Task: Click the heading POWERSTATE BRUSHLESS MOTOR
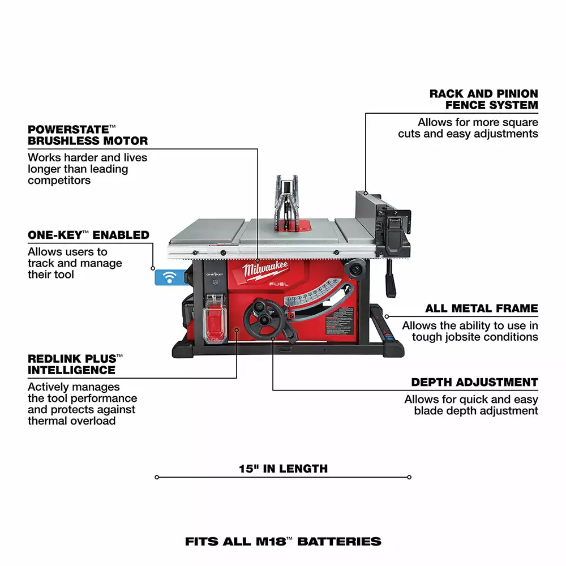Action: (88, 135)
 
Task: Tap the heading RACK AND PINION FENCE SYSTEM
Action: (483, 99)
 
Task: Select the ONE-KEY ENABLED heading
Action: (88, 235)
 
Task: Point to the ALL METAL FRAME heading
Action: (481, 308)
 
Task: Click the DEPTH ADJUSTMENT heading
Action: (474, 382)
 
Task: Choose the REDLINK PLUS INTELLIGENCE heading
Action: (75, 365)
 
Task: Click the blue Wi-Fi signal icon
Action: (168, 277)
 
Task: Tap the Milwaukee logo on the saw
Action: (266, 270)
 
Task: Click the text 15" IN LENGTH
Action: (283, 469)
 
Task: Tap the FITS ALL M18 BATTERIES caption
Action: (283, 542)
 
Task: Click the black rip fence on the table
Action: (374, 215)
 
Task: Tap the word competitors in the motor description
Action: (59, 181)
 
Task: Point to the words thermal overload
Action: (71, 421)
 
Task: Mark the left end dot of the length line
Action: (157, 477)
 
